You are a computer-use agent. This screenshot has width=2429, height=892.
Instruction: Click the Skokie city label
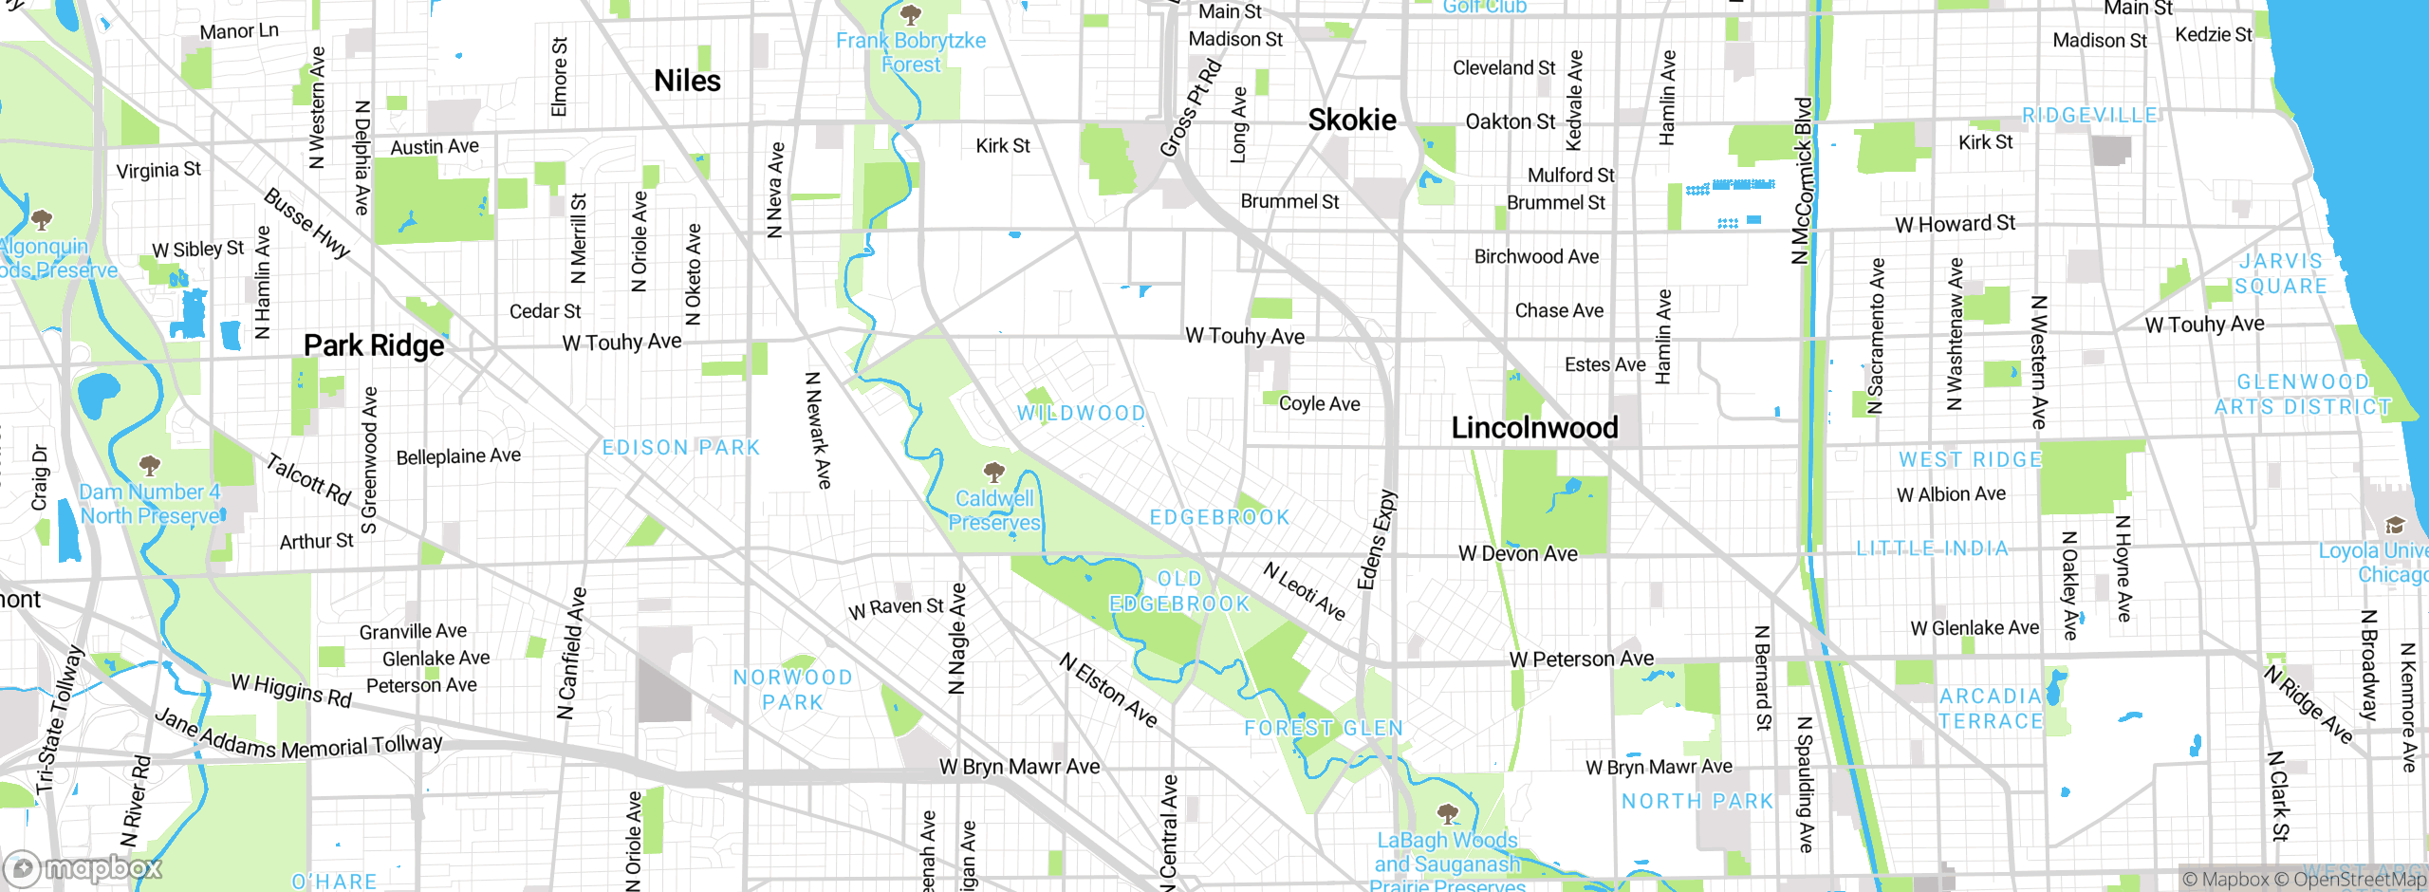pos(1352,121)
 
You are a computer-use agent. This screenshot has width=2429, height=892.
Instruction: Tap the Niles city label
pos(687,82)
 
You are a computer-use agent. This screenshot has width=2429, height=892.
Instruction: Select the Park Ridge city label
pos(374,345)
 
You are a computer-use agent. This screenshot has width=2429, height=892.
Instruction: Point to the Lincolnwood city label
pos(1534,428)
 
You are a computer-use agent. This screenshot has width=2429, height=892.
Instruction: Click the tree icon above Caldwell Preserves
pos(993,472)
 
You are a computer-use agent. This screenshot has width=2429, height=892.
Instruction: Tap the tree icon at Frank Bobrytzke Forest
pos(911,14)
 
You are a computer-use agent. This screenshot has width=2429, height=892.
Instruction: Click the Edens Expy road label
pos(1377,539)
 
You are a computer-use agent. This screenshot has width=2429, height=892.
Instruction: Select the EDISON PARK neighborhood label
pos(681,447)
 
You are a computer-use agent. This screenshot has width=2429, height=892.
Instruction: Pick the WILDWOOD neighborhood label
pos(1081,413)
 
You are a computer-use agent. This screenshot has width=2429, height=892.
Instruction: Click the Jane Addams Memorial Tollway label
pos(299,737)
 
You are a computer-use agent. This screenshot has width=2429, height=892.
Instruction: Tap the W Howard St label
pos(1955,224)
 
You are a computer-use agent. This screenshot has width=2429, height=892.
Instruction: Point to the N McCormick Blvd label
pos(1802,180)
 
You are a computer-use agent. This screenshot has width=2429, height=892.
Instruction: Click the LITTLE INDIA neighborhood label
pos(1932,548)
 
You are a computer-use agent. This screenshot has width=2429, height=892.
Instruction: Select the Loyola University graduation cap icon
pos(2395,525)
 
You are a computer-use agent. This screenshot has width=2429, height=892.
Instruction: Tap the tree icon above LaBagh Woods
pos(1447,813)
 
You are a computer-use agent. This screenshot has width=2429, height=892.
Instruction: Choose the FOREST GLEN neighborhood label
pos(1324,728)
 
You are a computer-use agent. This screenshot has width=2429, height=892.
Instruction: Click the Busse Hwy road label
pos(306,223)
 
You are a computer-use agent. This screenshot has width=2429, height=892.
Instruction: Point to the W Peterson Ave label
pos(1581,659)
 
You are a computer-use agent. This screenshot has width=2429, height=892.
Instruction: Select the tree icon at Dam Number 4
pos(149,465)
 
